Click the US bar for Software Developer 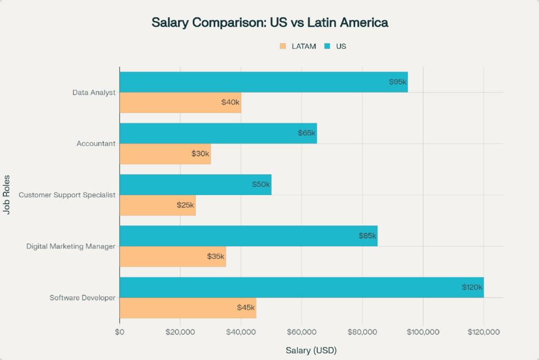click(301, 287)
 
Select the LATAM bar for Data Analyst click(180, 103)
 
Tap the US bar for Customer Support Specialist click(195, 185)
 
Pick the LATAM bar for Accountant click(165, 154)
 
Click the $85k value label click(368, 236)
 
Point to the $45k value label click(246, 307)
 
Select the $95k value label click(398, 82)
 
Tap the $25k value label click(185, 205)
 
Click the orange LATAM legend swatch click(283, 46)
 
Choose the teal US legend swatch click(327, 46)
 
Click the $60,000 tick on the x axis click(302, 332)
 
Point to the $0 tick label click(119, 332)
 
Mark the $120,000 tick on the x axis click(483, 332)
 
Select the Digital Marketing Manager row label click(71, 246)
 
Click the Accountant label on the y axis click(96, 144)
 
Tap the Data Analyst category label click(94, 93)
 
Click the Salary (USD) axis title click(311, 350)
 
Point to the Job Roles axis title click(7, 195)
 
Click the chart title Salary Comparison click(269, 23)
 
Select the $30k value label click(201, 154)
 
